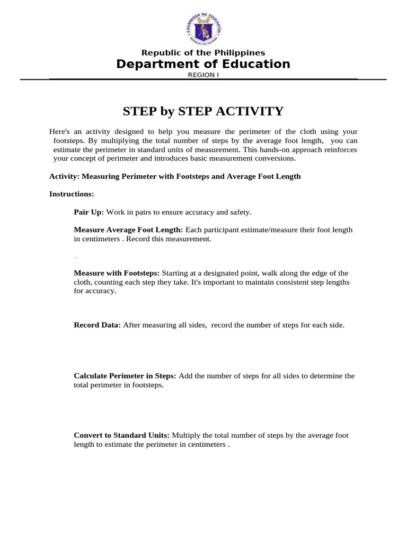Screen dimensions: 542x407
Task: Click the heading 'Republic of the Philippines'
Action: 203,52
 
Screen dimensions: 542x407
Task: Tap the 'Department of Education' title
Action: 203,64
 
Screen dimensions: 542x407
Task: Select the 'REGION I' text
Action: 203,75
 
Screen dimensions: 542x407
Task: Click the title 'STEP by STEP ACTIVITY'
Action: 203,111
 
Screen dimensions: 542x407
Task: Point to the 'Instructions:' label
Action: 72,194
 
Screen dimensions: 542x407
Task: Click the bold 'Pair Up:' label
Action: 89,212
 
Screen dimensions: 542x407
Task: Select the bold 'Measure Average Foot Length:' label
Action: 128,230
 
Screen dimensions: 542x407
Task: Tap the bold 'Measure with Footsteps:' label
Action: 117,273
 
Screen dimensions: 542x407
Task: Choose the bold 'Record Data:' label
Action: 98,325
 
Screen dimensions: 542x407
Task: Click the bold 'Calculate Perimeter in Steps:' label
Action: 125,376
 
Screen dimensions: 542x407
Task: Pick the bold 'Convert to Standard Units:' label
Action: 122,435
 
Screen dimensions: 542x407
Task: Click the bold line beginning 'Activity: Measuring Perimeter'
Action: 175,176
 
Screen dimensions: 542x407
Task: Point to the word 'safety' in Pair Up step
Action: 240,212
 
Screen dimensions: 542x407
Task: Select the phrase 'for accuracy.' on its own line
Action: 95,291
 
